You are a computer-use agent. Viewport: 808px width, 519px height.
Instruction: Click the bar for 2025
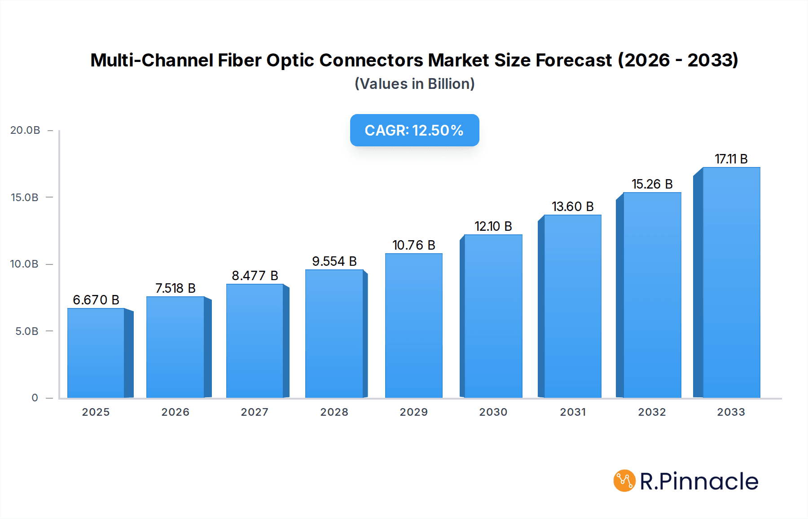96,353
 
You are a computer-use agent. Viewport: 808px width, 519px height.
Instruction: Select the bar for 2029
413,325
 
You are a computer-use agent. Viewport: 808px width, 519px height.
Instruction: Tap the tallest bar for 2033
731,282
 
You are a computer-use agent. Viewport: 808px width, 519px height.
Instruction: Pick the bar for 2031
573,306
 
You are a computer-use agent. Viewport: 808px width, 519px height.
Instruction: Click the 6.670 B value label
96,300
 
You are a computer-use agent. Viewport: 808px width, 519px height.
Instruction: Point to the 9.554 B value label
334,261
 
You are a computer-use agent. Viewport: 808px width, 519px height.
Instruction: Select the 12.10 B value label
493,226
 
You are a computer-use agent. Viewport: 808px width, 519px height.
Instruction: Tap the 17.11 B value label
731,159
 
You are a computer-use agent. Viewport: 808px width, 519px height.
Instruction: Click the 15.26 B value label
652,184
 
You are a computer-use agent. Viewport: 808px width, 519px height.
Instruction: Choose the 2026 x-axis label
176,412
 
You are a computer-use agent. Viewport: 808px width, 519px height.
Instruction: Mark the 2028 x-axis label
334,412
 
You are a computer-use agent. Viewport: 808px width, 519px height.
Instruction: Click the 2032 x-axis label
652,412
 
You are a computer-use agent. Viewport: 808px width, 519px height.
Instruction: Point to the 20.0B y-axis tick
25,130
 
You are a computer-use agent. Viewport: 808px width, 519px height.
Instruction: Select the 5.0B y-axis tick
27,331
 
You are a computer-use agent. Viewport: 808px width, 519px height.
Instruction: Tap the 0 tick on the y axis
35,398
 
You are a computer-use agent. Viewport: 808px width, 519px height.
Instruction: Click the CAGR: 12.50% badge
414,130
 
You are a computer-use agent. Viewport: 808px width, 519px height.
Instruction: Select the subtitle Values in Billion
414,84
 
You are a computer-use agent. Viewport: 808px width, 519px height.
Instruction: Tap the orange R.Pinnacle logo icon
624,481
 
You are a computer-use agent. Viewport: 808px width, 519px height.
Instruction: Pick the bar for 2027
255,341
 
